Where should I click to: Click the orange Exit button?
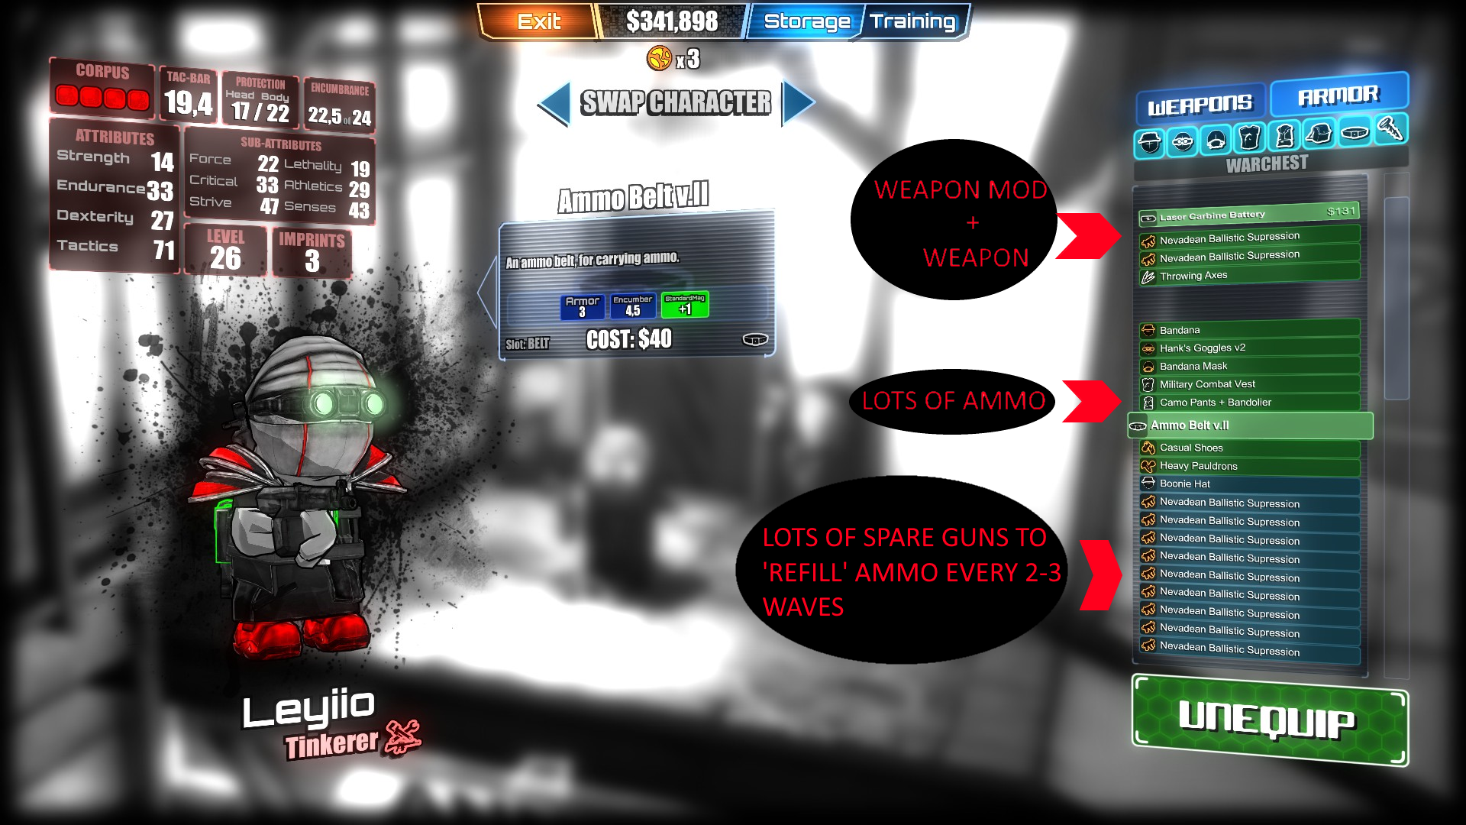point(538,21)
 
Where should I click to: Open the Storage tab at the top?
point(806,21)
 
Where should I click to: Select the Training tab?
point(912,21)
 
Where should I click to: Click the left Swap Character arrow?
point(555,103)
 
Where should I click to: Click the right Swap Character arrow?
point(798,103)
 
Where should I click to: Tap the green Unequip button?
point(1269,721)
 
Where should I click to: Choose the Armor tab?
point(1338,95)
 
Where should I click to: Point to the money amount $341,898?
point(671,21)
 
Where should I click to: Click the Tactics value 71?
point(163,250)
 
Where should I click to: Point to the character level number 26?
point(225,259)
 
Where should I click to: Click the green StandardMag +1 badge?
point(685,305)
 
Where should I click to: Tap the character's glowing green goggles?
point(344,402)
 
